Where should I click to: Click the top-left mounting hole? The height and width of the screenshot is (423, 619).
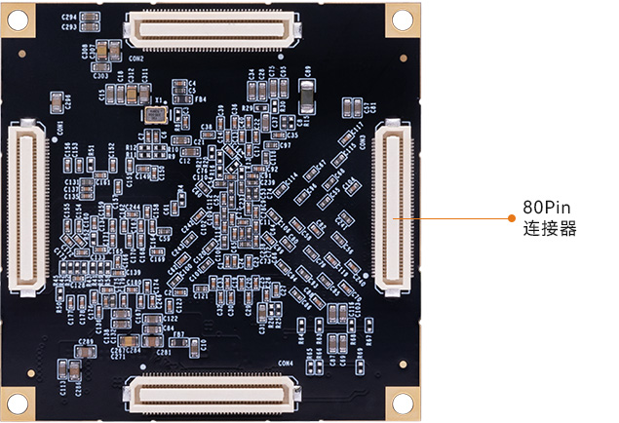point(19,18)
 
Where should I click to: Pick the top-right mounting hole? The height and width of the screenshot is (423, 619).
point(402,18)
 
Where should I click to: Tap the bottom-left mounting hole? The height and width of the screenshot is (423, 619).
point(19,403)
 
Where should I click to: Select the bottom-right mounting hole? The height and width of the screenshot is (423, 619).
point(402,403)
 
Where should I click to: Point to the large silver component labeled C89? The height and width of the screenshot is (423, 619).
point(307,95)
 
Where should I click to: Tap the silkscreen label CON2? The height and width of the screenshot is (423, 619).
point(135,58)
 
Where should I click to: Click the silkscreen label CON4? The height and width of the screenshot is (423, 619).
point(285,364)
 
